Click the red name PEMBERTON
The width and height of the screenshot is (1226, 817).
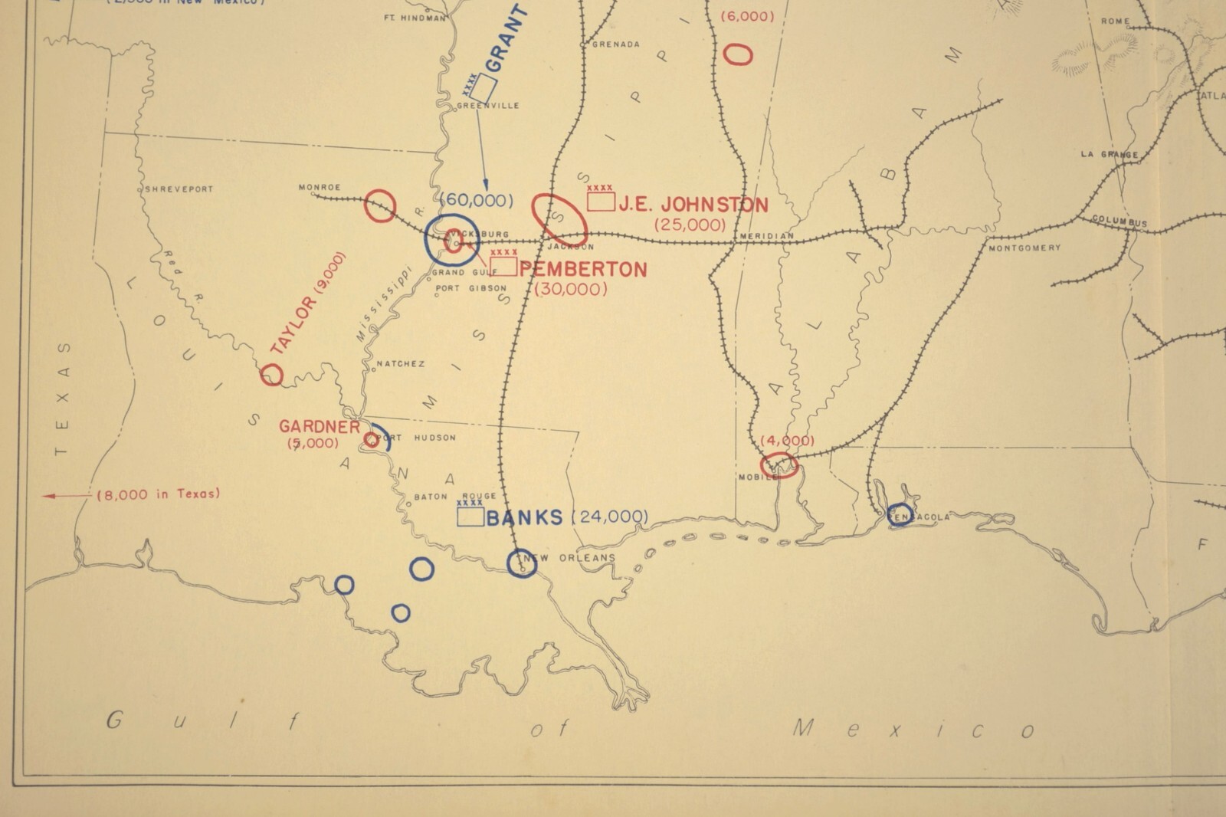point(583,269)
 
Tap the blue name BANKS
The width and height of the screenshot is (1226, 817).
point(525,518)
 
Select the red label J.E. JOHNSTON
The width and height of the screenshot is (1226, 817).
point(693,205)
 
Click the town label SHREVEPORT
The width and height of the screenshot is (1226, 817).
point(179,189)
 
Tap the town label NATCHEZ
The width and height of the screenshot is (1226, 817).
point(400,364)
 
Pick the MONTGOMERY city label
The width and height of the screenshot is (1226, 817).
point(1024,248)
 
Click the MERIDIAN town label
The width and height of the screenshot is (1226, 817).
point(767,236)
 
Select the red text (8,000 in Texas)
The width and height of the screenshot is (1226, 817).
point(158,494)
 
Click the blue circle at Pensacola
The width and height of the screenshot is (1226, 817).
point(900,514)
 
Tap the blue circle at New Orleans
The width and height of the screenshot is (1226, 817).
point(522,563)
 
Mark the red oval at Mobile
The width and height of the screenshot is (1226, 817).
point(779,464)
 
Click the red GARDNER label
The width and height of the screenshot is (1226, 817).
point(319,427)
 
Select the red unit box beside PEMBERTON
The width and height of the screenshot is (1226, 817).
point(503,266)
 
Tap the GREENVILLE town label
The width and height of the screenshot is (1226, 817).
point(488,106)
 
